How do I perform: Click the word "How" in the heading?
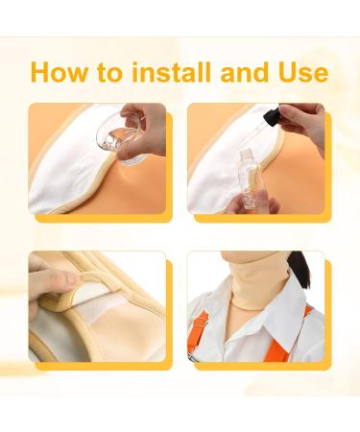coord(60,72)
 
